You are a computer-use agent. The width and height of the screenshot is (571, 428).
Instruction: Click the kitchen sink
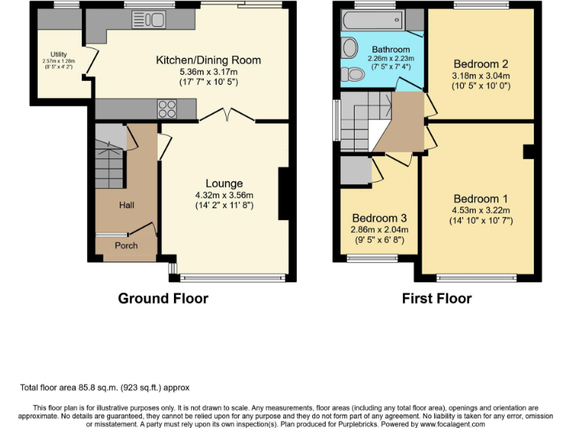pyautogui.click(x=153, y=19)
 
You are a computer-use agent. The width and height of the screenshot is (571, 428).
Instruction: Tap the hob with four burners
pyautogui.click(x=166, y=109)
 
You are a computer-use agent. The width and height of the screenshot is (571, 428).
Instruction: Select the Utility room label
pyautogui.click(x=59, y=55)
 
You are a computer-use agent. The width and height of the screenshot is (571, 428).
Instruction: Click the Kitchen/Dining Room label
pyautogui.click(x=207, y=60)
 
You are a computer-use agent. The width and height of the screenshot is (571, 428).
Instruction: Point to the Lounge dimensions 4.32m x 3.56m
pyautogui.click(x=224, y=196)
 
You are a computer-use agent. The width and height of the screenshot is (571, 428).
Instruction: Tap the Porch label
pyautogui.click(x=126, y=245)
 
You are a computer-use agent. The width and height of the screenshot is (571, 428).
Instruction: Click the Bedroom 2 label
pyautogui.click(x=480, y=64)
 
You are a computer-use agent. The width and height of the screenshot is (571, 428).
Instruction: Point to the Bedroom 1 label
pyautogui.click(x=480, y=199)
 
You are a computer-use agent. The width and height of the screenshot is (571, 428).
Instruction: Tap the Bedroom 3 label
pyautogui.click(x=379, y=218)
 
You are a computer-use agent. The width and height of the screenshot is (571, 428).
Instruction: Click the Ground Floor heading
pyautogui.click(x=163, y=299)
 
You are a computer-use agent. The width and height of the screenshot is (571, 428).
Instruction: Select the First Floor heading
pyautogui.click(x=436, y=299)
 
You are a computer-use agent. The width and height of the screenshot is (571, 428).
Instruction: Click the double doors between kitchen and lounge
pyautogui.click(x=228, y=115)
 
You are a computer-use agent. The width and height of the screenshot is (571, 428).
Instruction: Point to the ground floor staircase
pyautogui.click(x=109, y=159)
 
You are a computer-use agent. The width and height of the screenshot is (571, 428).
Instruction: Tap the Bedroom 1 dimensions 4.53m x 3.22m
pyautogui.click(x=480, y=210)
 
